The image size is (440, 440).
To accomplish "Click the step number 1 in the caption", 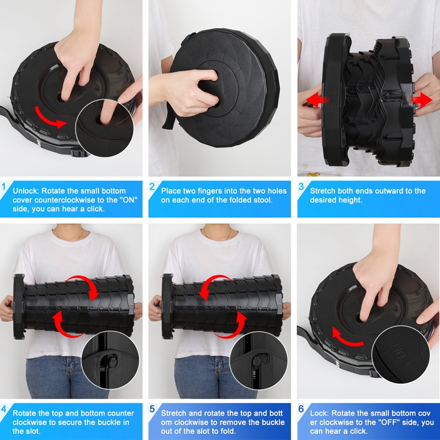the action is (4, 186).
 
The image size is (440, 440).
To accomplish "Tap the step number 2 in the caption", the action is (152, 186).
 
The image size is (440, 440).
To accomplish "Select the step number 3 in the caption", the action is (301, 186).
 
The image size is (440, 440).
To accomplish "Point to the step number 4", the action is (4, 409).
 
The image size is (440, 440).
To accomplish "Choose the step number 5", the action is (152, 409).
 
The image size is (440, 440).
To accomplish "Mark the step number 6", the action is (301, 409).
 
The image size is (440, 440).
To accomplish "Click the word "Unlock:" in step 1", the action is (26, 191).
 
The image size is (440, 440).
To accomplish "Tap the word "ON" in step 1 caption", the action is (130, 200).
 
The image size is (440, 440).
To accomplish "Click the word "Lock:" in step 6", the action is (320, 413).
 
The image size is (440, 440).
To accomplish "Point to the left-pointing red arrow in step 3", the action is (317, 100).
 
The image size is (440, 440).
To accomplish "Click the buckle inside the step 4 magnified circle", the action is (112, 361).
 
